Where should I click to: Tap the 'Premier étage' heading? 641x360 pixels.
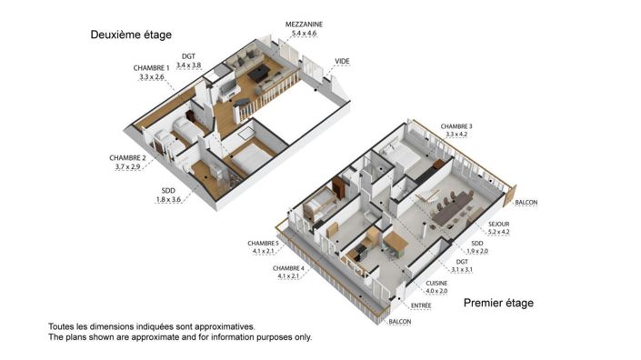tap(498, 303)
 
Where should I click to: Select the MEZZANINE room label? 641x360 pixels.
tap(306, 22)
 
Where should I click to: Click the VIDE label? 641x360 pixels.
tap(342, 62)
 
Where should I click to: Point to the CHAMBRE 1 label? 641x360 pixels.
tap(152, 68)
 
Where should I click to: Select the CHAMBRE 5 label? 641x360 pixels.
tap(265, 244)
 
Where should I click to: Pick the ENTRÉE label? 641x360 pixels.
tap(420, 305)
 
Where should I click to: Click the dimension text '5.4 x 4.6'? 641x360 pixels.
tap(305, 33)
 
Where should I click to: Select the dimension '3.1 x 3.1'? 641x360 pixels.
tap(463, 270)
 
